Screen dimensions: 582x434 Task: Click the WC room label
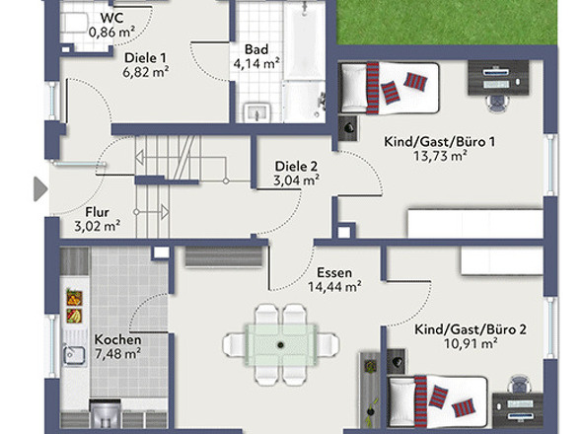click(x=111, y=18)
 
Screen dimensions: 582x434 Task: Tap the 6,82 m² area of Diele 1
click(x=146, y=72)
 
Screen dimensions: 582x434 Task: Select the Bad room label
click(x=256, y=49)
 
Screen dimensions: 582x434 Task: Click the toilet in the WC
click(x=75, y=23)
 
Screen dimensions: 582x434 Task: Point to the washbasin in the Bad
click(x=257, y=111)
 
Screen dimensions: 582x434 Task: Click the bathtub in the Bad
click(x=305, y=39)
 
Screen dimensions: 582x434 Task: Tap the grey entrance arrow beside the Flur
click(x=40, y=189)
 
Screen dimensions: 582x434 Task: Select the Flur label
click(x=98, y=212)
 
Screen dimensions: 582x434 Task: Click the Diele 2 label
click(x=296, y=167)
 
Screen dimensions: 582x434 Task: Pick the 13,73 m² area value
click(x=440, y=156)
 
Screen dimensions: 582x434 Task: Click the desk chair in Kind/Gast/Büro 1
click(x=497, y=103)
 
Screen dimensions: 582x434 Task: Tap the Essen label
click(x=334, y=273)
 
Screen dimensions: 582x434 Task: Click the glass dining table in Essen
click(x=281, y=345)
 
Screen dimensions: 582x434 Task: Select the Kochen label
click(x=117, y=339)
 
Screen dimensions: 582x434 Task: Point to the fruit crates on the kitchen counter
click(x=74, y=307)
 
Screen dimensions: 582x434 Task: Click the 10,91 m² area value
click(x=471, y=344)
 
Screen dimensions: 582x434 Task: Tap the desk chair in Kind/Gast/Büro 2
click(x=519, y=384)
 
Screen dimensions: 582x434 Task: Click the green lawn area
click(x=447, y=23)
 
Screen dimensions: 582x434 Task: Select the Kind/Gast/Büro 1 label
click(x=440, y=142)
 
